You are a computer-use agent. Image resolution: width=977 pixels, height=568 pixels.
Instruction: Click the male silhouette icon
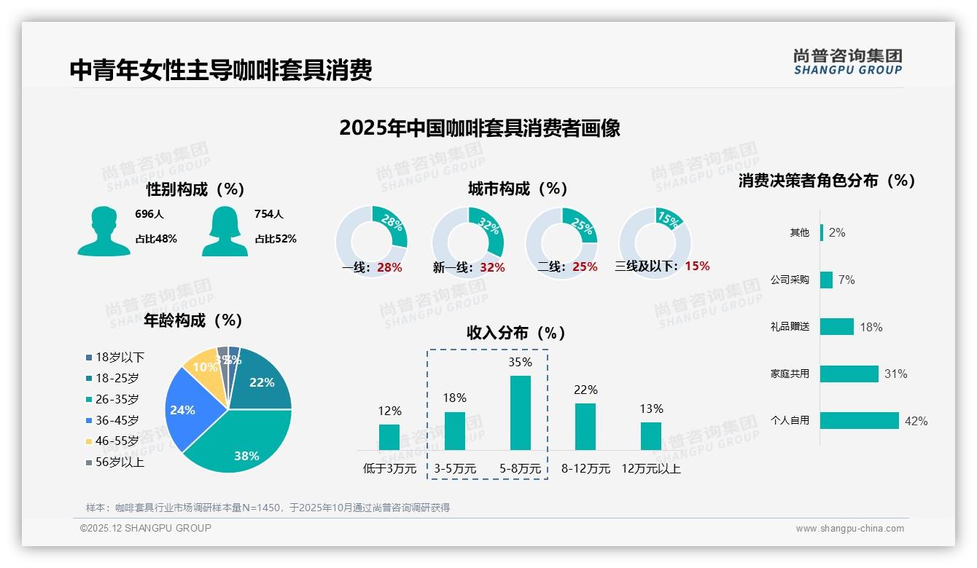click(104, 231)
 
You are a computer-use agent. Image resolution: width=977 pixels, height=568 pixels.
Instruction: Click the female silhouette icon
click(225, 231)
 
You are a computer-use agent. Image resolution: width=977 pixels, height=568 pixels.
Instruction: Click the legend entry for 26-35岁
click(117, 399)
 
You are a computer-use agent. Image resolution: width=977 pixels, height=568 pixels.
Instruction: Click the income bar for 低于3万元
click(389, 437)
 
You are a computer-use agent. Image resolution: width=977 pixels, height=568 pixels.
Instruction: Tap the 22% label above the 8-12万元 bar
click(585, 390)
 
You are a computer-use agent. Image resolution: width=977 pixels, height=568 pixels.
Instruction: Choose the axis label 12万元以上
click(650, 469)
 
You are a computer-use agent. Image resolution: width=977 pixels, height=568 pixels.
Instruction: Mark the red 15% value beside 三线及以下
click(697, 266)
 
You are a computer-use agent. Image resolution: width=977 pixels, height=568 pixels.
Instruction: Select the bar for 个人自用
click(860, 420)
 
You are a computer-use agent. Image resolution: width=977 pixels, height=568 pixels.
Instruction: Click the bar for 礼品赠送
click(837, 326)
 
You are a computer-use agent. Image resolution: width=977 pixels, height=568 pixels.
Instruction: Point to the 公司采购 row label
click(790, 280)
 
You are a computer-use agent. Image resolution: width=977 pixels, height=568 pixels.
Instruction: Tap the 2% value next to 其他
click(837, 232)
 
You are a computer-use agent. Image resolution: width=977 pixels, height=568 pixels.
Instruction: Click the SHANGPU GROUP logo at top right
click(847, 62)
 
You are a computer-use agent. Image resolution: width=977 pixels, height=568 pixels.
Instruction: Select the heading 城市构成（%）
click(518, 189)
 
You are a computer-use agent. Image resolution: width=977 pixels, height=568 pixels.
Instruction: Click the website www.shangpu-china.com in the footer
click(849, 528)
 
